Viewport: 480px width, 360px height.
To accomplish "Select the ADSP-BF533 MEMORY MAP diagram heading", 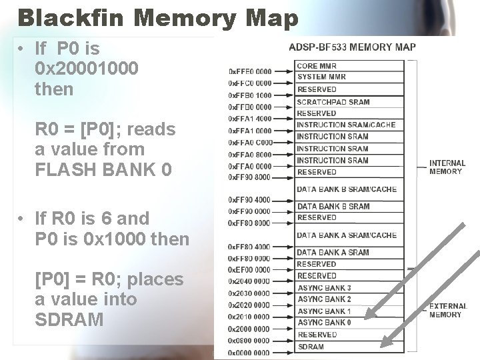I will [352, 47].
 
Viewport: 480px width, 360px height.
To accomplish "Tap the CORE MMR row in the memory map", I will [317, 66].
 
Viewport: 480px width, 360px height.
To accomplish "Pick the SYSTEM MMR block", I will [321, 77].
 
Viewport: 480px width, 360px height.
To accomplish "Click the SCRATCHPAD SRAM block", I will [333, 102].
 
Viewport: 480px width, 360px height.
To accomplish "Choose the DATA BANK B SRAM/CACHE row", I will [346, 189].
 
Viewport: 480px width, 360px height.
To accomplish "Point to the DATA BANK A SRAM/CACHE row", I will [346, 235].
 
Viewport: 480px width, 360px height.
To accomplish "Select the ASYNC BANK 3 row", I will [324, 287].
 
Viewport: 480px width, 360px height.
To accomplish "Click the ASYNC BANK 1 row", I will [324, 311].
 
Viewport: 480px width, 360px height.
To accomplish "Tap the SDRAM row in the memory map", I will [311, 347].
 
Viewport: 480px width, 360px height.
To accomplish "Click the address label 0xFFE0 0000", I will [250, 71].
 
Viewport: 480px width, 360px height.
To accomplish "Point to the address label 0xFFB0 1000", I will [250, 95].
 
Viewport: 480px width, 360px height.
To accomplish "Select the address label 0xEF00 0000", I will [250, 270].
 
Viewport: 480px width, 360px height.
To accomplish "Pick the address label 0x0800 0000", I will [250, 341].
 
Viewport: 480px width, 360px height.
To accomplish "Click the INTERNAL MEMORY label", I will [447, 167].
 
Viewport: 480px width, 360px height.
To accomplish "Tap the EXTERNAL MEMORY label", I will [447, 310].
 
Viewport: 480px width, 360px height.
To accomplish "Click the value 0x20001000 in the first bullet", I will [87, 69].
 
